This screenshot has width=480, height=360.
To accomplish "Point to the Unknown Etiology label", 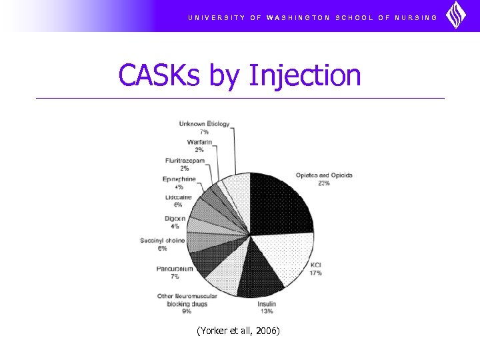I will coord(204,124).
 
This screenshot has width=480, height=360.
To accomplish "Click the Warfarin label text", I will coord(200,142).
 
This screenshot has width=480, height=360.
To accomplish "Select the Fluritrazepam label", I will coord(185,161).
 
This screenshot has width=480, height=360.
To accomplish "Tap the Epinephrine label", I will coord(179,179).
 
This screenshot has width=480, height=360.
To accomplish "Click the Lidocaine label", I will coord(179,197).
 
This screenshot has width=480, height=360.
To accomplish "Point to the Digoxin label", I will coord(175,219).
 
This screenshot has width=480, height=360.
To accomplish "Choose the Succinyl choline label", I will coord(163,240).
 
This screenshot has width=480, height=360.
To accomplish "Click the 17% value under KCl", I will coord(315,273).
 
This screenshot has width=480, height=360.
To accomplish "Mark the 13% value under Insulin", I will coord(267,311).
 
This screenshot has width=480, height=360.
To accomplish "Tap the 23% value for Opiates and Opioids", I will coord(324,183).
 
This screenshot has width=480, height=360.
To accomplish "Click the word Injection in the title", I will coord(304,75).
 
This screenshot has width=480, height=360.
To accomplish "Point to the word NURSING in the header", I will coord(417,17).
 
